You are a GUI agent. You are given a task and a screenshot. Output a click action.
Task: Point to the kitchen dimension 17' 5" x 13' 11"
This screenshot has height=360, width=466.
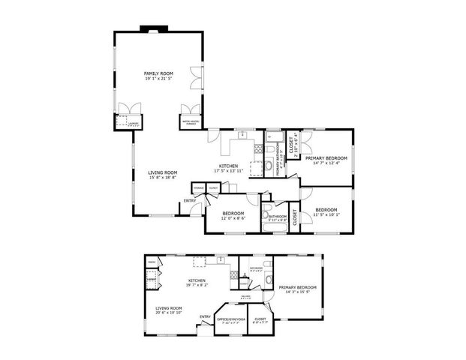pyautogui.click(x=228, y=172)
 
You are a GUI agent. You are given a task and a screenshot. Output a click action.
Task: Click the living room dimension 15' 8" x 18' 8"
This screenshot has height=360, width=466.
pyautogui.click(x=162, y=178)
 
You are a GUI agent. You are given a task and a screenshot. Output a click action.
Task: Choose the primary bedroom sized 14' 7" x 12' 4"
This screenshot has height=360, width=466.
pyautogui.click(x=326, y=163)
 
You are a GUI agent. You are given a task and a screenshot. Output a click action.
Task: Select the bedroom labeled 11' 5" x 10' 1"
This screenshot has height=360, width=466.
pyautogui.click(x=326, y=214)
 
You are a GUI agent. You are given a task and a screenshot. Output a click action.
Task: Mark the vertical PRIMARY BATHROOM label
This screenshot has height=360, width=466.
pyautogui.click(x=278, y=158)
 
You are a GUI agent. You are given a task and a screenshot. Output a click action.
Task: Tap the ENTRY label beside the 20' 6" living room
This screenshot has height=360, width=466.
pyautogui.click(x=206, y=316)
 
